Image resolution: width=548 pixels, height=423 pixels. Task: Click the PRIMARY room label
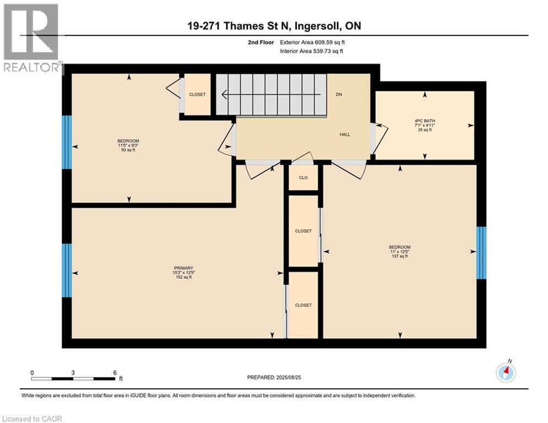[183, 268]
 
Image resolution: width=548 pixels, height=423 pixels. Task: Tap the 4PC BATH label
[425, 120]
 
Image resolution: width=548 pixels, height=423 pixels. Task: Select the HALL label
[345, 134]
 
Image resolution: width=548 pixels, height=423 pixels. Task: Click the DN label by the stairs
[339, 94]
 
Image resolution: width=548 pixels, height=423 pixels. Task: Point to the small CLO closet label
[303, 177]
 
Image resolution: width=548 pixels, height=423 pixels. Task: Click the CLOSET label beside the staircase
[197, 94]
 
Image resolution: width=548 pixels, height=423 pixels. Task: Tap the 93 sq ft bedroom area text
[128, 150]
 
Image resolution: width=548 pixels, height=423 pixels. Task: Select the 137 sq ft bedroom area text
[400, 256]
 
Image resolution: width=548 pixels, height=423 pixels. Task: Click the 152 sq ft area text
[183, 277]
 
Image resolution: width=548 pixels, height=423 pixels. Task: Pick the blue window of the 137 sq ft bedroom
[481, 252]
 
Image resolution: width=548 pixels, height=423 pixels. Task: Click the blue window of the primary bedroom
[67, 270]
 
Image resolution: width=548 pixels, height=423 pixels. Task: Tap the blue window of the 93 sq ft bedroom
[67, 142]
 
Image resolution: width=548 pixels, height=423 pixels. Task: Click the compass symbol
[506, 373]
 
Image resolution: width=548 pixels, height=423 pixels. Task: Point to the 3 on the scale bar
[73, 373]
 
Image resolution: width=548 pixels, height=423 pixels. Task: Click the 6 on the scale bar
[114, 373]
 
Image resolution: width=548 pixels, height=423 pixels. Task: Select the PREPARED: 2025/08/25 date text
[274, 377]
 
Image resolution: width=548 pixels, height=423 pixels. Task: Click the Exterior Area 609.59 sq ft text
[312, 42]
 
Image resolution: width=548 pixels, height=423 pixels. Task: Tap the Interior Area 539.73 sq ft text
[312, 51]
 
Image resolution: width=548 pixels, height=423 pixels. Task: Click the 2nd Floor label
[261, 42]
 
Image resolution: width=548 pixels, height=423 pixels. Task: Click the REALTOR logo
[31, 39]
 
